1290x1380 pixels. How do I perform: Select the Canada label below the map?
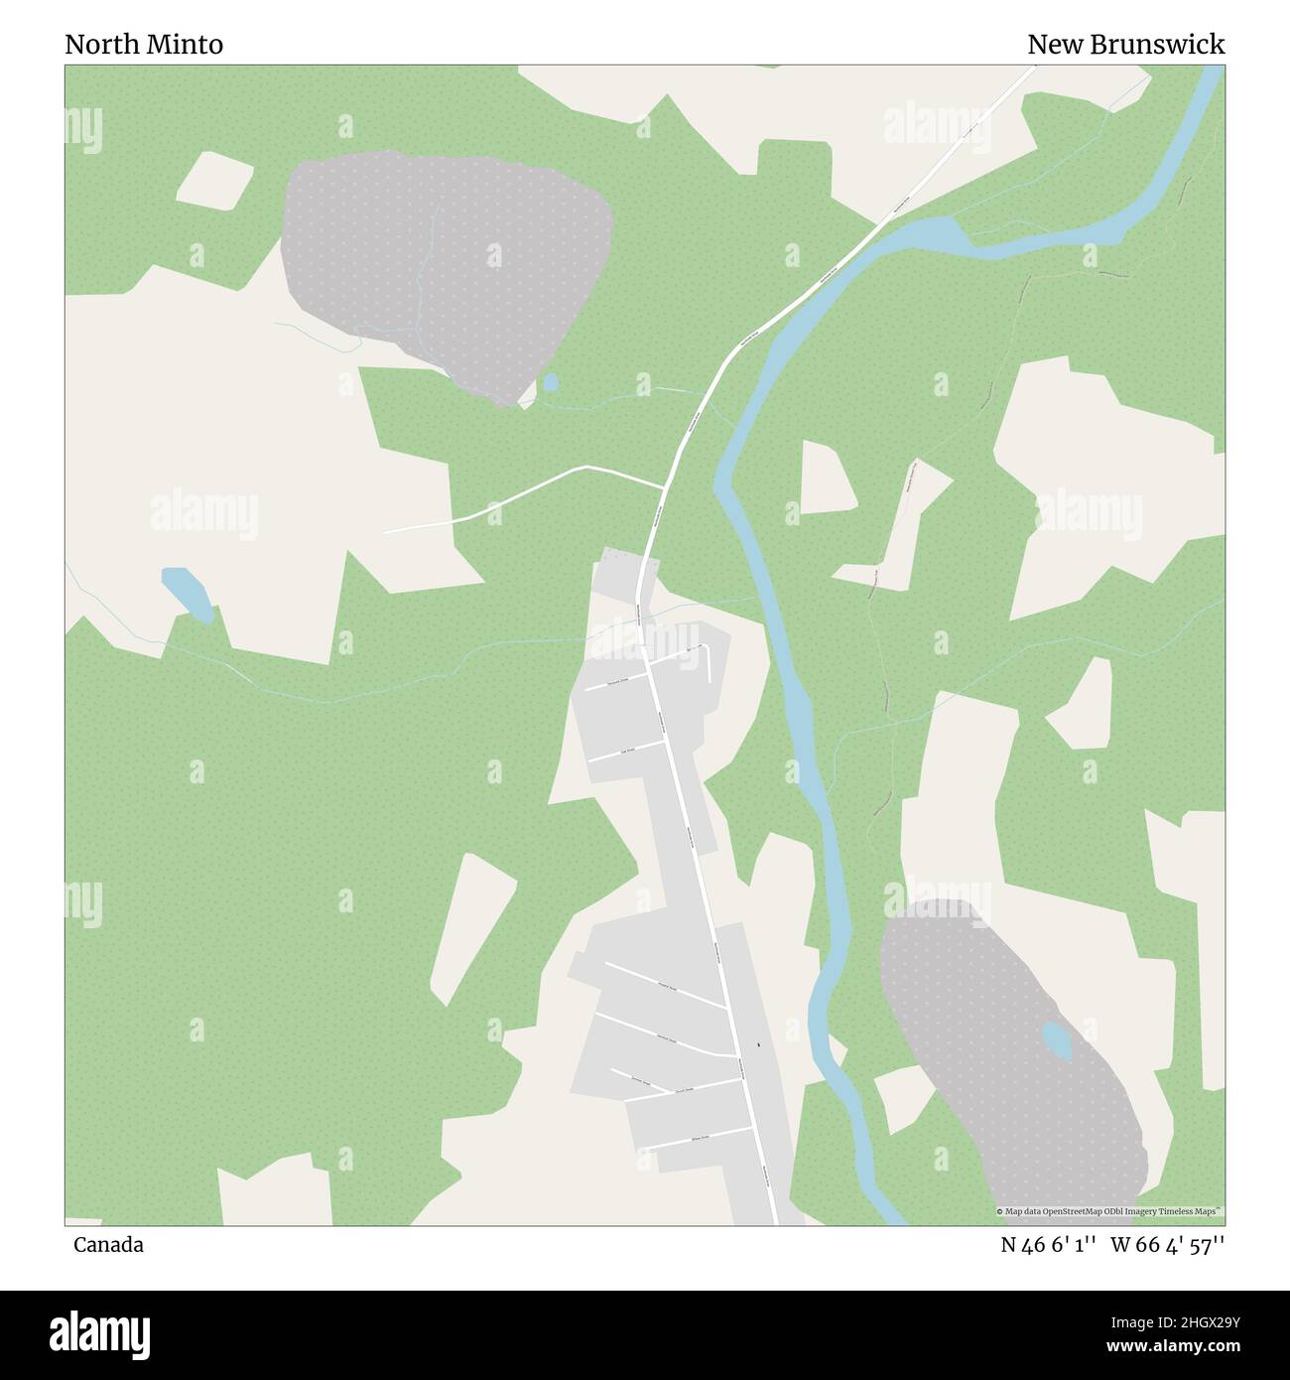click(x=108, y=1245)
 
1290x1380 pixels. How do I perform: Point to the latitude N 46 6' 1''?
click(x=1048, y=1245)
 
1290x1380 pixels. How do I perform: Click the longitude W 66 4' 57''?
click(x=1168, y=1245)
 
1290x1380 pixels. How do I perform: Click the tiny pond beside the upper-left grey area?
click(x=550, y=382)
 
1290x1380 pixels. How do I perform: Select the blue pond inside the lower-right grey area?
click(x=1056, y=1041)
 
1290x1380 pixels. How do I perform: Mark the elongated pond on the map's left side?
click(x=187, y=594)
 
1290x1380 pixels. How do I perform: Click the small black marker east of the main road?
click(x=759, y=1044)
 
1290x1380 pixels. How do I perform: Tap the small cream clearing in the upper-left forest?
click(x=215, y=181)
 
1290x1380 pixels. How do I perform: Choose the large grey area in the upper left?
click(x=447, y=268)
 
